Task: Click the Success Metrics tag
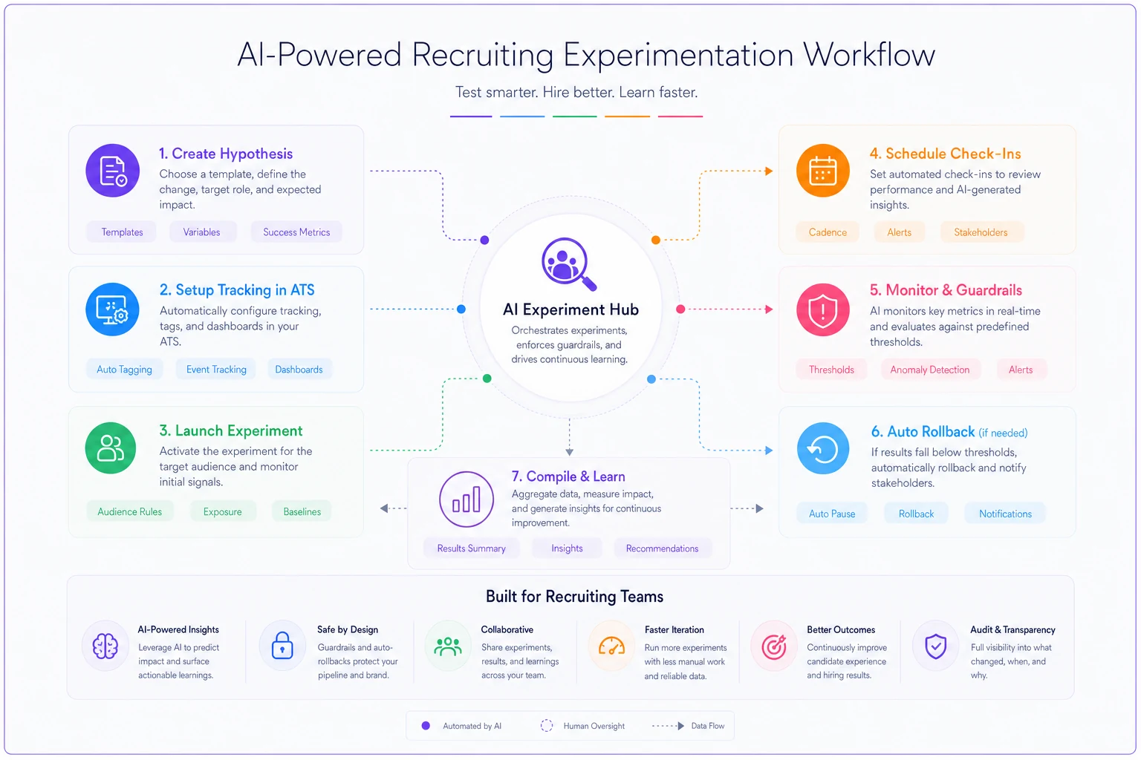coord(296,232)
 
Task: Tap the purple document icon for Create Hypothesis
coord(113,171)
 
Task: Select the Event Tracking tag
coord(216,370)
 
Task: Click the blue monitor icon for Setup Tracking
coord(113,309)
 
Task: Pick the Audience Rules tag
coord(130,511)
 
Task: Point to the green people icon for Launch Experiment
coord(111,448)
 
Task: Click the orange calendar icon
coord(823,171)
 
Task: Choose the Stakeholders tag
coord(981,232)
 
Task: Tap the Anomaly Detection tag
coord(929,370)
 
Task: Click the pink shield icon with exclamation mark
coord(823,309)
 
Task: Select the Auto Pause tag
coord(832,514)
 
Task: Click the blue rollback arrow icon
coord(823,448)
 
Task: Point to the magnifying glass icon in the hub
coord(568,264)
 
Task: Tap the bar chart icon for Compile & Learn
coord(467,499)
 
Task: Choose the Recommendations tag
coord(662,548)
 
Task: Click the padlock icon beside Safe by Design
coord(282,646)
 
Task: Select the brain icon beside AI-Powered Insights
coord(105,646)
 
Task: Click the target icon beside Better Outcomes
coord(774,646)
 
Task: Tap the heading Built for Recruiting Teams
coord(574,597)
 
